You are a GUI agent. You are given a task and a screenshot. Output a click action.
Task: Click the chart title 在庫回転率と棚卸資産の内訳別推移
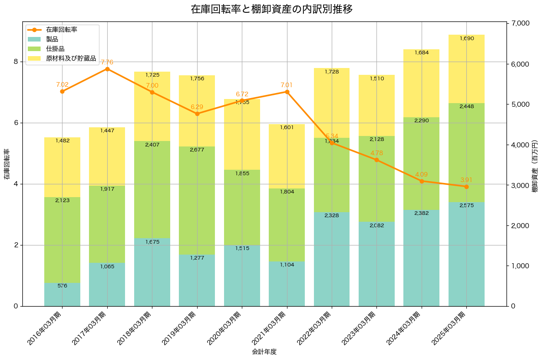coord(271,9)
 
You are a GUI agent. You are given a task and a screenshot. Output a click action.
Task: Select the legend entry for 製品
coord(52,39)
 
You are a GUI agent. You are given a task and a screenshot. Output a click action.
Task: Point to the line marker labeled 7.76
coord(107,69)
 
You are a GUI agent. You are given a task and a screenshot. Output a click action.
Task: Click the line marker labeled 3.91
coord(466,187)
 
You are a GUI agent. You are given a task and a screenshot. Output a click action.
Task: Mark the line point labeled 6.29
coord(197,114)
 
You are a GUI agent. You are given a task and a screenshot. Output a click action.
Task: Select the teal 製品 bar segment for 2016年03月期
coord(62,294)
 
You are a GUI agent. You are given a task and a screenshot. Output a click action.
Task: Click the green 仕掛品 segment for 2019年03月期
coord(197,200)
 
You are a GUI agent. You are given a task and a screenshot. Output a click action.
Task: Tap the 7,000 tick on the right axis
coord(520,23)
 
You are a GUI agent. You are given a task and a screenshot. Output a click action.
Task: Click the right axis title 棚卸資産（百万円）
coord(535,165)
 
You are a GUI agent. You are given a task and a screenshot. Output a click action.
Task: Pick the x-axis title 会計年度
coord(264,352)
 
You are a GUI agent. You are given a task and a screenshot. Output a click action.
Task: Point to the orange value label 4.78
coord(376,153)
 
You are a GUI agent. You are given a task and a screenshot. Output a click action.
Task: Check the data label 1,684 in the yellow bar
coord(422,53)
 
